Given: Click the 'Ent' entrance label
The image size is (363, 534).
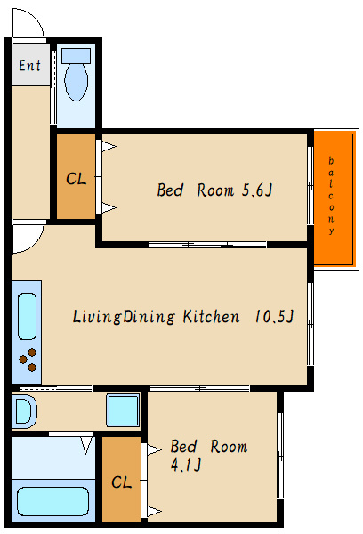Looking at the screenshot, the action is coord(29,65).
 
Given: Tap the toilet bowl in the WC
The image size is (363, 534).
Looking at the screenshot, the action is coord(77,82).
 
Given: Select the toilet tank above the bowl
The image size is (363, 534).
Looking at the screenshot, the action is coord(76,56).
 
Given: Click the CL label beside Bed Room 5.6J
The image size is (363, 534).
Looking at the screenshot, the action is coord(76,179).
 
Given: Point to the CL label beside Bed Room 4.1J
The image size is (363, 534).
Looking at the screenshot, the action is coord(121,482).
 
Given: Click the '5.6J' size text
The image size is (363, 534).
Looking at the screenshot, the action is coord(257,190).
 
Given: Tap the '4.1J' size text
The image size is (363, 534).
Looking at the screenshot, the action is coord(186,465).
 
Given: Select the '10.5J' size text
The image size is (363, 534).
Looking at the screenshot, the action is coord(274,316).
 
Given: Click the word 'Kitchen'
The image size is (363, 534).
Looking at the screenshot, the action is coord(211,316).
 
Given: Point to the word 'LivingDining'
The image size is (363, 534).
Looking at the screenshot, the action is coord(124,317).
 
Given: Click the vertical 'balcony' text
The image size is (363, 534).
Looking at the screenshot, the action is coord(331,196).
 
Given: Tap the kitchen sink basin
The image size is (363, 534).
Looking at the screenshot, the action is coord(27,316).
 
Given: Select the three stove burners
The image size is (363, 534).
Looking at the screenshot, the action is coord(28,360).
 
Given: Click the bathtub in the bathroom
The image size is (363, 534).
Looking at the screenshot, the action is coord(52,501).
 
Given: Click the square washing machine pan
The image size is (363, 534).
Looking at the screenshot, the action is coord(123,410).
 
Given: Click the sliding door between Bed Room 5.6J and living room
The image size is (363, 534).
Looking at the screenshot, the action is coord(207,245).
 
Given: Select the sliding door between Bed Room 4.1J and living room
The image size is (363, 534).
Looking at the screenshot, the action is coord(200,388).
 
